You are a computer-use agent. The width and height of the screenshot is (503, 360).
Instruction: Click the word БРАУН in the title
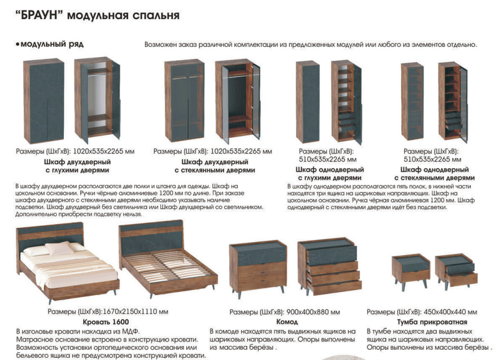pos(38,15)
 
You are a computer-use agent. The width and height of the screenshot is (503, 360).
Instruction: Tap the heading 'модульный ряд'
pos(52,44)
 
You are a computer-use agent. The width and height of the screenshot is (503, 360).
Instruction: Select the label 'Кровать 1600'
pos(106,322)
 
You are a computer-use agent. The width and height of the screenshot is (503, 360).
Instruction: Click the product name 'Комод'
pos(287,322)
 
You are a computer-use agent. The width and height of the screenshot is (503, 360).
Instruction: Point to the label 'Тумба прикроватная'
pos(432,322)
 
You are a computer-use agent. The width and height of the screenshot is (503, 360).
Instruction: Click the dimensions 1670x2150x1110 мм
pos(135,311)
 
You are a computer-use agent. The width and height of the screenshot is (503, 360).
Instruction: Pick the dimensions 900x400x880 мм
pos(313,311)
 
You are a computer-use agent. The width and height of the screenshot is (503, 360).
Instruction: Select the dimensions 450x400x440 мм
pos(450,311)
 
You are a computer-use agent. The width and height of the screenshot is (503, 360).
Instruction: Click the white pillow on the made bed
pos(59,248)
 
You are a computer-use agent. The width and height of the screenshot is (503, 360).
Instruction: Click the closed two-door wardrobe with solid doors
pos(43,102)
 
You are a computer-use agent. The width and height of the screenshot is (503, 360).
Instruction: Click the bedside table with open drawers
pos(456,271)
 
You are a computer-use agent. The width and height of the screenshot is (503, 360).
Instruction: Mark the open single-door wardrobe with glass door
pos(453,102)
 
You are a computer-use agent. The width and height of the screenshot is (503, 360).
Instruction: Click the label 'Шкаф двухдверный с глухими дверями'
pos(77,166)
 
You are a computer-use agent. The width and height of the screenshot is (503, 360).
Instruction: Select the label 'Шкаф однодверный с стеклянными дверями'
pos(434,174)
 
